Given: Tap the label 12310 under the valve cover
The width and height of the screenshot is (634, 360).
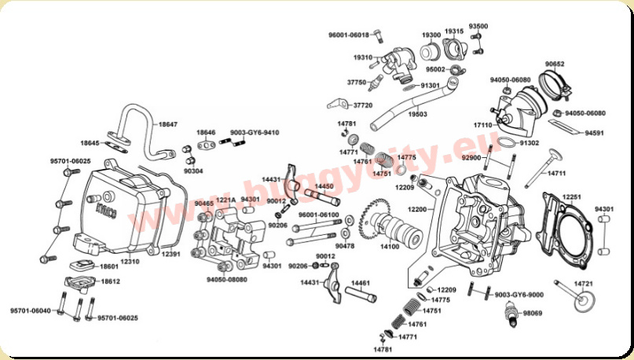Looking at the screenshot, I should [x=130, y=261].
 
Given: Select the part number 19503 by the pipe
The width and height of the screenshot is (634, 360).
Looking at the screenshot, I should [x=418, y=114].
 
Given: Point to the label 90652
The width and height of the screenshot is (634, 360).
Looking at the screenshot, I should [x=555, y=64].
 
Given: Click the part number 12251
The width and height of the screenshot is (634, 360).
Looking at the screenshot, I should [x=572, y=197].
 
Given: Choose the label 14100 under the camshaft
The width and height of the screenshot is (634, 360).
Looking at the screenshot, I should [x=390, y=246].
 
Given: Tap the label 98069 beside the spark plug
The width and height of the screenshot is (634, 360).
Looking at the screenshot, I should [x=533, y=313].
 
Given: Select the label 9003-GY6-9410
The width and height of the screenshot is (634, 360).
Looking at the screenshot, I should [x=255, y=132].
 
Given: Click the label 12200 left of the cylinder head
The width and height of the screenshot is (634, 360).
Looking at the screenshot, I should [x=417, y=209].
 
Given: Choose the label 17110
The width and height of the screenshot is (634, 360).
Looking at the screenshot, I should [x=482, y=125].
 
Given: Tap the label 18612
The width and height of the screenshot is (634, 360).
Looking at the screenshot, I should [x=110, y=281].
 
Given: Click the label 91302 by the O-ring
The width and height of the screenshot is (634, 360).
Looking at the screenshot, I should [x=530, y=143].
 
